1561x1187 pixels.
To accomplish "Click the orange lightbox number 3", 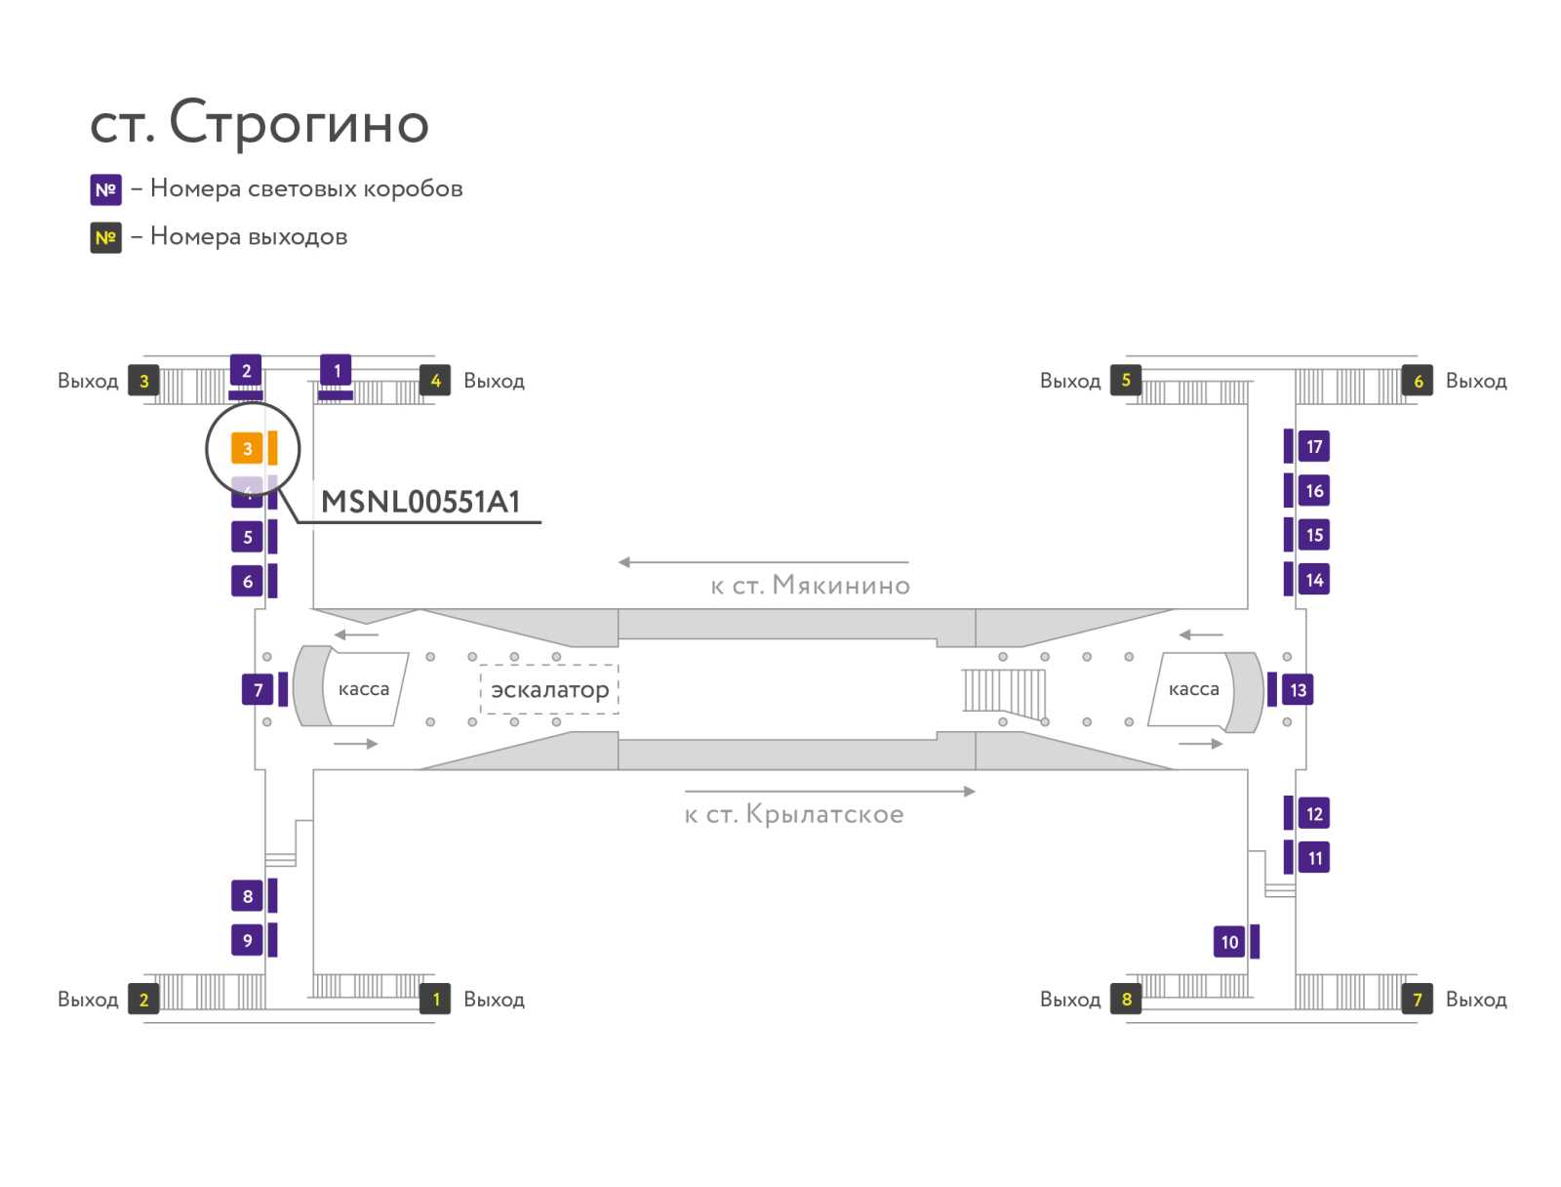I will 247,448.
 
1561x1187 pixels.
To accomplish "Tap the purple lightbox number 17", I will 1314,446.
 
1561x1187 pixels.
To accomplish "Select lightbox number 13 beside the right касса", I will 1298,690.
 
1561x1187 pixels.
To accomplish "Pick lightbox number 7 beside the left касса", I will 258,690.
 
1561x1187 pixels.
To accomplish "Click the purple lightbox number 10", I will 1229,942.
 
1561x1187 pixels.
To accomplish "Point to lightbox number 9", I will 247,940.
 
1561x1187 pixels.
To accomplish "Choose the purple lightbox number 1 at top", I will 337,371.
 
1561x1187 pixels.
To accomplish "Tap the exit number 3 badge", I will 143,381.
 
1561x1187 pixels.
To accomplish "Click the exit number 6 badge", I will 1418,381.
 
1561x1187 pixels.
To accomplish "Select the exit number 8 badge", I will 1126,999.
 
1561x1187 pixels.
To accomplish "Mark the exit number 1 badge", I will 435,999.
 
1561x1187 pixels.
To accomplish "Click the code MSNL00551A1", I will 420,502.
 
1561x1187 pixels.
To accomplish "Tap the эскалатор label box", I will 549,690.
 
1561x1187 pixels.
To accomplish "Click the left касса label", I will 363,689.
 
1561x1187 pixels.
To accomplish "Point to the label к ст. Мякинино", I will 810,586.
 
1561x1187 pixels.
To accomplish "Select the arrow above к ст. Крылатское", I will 829,792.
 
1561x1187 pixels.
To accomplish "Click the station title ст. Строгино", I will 260,123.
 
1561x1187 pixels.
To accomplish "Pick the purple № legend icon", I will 105,189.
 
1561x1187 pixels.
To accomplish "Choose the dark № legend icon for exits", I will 105,237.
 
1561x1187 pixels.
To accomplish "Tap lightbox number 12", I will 1314,813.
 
